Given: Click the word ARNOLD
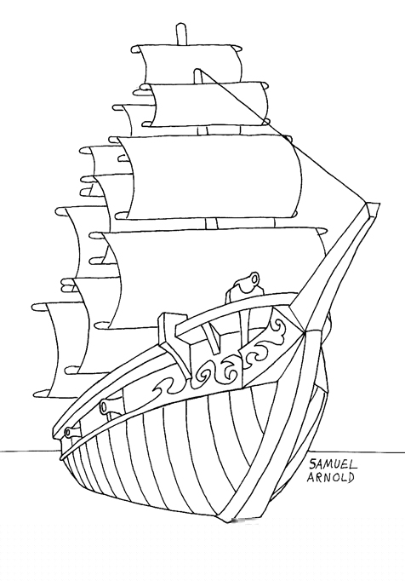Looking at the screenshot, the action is click(x=330, y=477).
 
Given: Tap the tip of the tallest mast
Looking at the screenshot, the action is click(x=180, y=26).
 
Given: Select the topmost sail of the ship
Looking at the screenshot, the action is click(x=191, y=63).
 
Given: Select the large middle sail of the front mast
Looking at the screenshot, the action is click(x=211, y=176).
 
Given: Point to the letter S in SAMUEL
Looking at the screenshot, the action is click(x=313, y=464).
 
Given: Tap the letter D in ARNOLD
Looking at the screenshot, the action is click(x=351, y=477).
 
